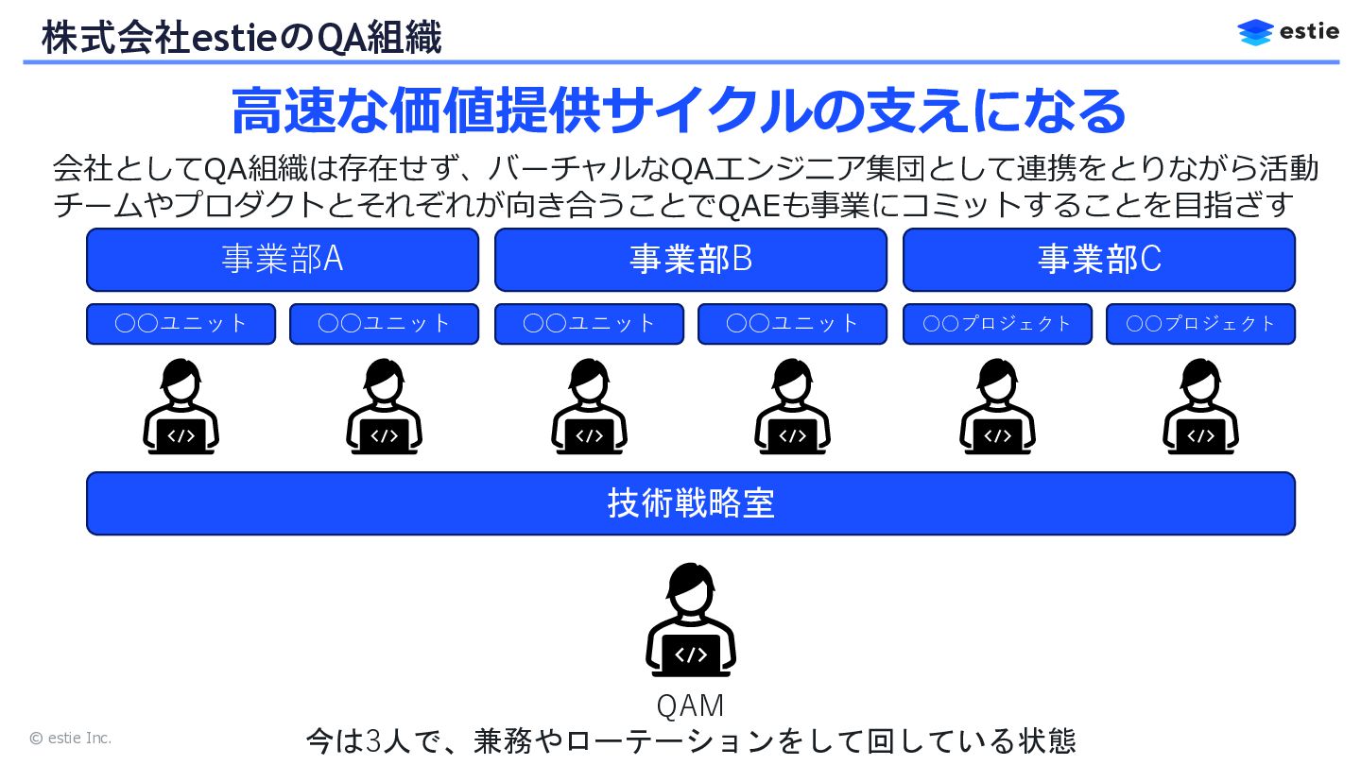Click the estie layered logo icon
coord(1255,32)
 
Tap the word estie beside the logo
coord(1309,31)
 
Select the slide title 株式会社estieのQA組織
coord(241,38)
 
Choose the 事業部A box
coord(283,260)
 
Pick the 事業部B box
coord(691,260)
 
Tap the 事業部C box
coord(1099,260)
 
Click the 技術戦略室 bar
coord(691,503)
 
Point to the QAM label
coord(691,705)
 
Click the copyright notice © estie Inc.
coord(71,739)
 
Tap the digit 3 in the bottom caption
coord(373,740)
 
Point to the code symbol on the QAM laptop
coord(691,654)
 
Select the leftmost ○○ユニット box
coord(181,324)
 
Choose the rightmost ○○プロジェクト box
coord(1200,324)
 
